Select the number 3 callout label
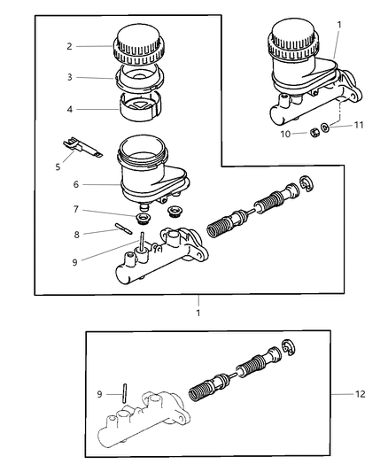[68, 77]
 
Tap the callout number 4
[68, 110]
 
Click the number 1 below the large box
[198, 313]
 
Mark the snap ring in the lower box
[290, 349]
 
